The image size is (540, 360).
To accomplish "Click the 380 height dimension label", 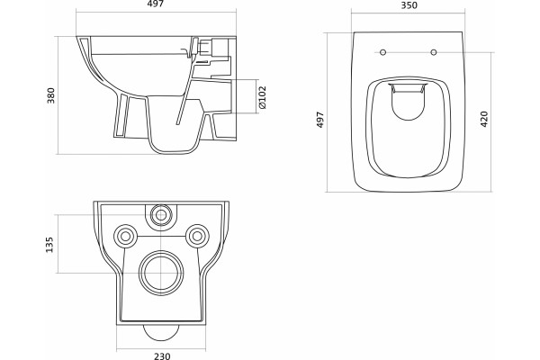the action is pos(51,95).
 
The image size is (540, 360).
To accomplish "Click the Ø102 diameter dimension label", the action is pos(262,97).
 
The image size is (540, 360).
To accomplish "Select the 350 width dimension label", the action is pos(409,5).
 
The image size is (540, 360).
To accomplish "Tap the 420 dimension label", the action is pos(484,119).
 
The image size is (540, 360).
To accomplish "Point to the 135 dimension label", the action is pos(49,245).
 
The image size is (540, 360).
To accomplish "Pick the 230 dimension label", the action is pos(162,355).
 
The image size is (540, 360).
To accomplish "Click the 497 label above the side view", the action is pos(156,4).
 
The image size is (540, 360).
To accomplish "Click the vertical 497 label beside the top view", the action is pos(320,120).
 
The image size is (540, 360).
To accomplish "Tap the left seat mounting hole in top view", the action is pos(382,52).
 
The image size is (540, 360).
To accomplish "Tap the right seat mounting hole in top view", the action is pos(434,52).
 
